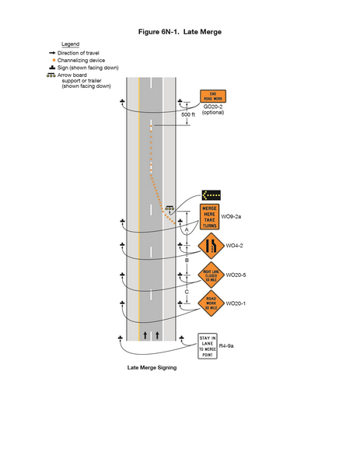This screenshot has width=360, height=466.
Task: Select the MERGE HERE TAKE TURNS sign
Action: [x=210, y=217]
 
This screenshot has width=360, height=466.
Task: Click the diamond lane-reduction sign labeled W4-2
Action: [x=210, y=246]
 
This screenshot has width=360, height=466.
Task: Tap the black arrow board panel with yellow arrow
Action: [x=211, y=195]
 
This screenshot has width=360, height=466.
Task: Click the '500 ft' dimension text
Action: [x=188, y=115]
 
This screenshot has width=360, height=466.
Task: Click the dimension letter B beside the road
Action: [x=187, y=261]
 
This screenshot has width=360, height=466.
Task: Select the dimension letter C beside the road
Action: [x=187, y=291]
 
